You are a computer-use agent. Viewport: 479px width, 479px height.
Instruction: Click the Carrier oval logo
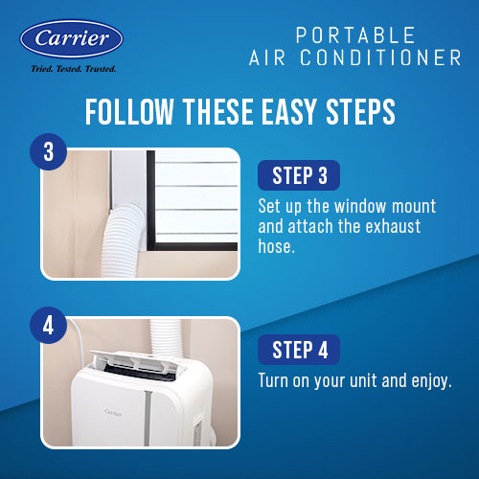[x=71, y=39]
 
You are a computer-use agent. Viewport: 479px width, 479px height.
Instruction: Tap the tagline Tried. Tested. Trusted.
[x=74, y=69]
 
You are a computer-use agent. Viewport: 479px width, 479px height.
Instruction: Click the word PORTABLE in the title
[x=355, y=35]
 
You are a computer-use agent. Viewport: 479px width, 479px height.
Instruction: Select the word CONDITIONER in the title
[x=380, y=57]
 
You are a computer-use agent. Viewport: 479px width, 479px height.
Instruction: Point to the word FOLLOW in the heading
[x=129, y=111]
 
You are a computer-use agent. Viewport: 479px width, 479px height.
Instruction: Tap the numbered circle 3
[x=48, y=151]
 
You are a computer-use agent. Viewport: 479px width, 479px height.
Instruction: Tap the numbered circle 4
[x=48, y=326]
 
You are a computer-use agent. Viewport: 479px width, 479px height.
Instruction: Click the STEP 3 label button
[x=299, y=175]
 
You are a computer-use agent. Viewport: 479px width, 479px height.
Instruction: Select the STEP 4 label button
[x=299, y=350]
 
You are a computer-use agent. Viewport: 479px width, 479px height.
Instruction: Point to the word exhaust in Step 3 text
[x=393, y=226]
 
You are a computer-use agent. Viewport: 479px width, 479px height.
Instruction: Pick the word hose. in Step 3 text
[x=277, y=246]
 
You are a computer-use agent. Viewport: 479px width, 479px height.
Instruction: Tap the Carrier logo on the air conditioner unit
[x=113, y=412]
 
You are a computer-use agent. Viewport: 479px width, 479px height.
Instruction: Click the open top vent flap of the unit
[x=138, y=362]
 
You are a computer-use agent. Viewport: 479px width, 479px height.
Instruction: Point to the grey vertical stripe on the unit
[x=148, y=419]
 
